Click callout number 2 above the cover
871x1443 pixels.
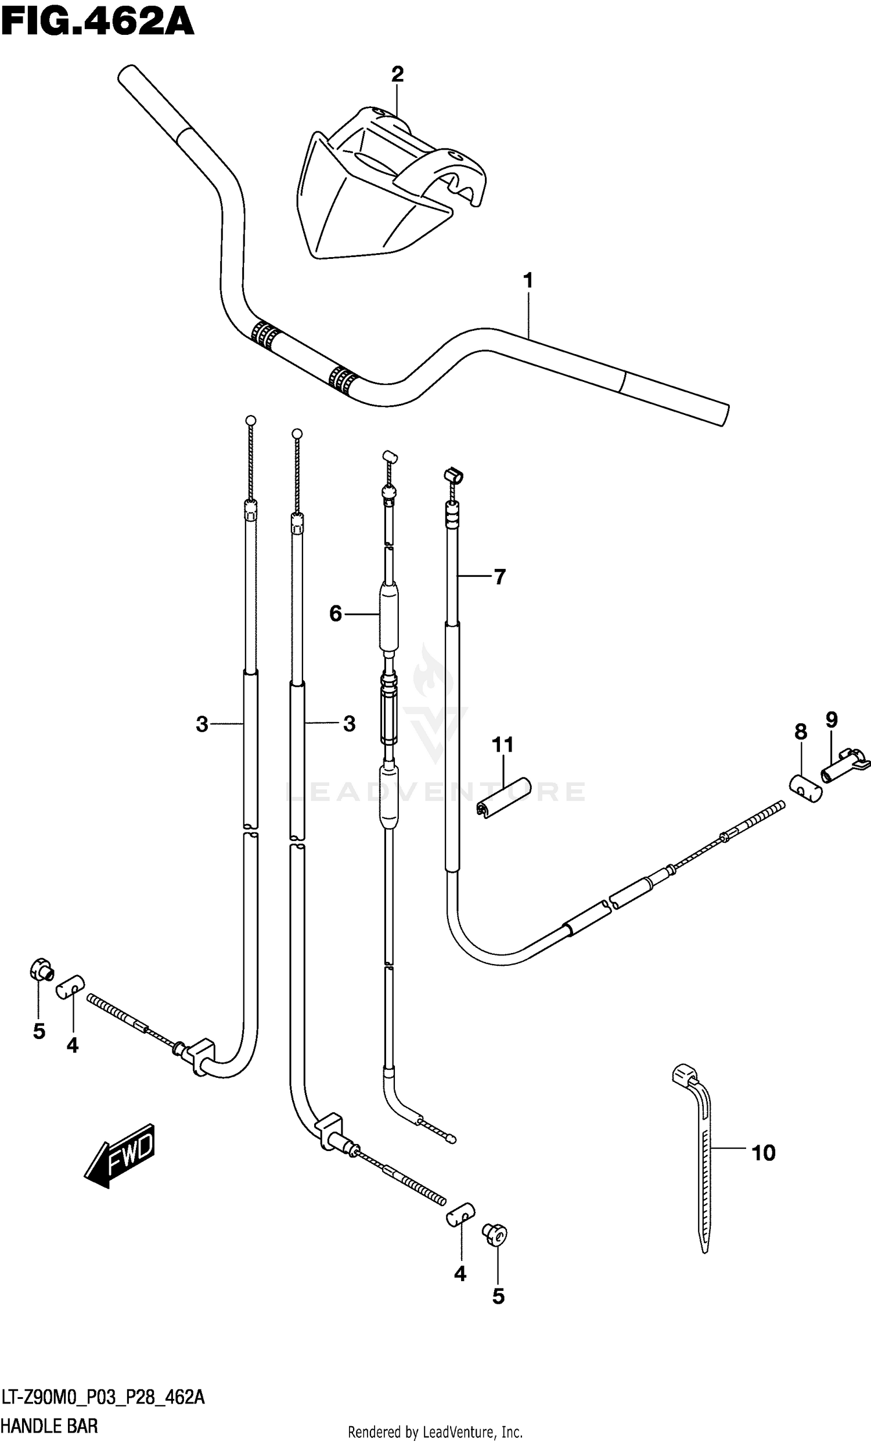pos(397,75)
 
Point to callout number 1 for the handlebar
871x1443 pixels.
pos(528,281)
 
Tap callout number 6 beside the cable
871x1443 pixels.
pos(335,614)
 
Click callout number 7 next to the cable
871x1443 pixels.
pos(499,578)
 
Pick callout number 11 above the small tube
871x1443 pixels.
pos(503,745)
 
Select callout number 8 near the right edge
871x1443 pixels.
pos(801,732)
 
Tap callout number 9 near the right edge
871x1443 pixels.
pos(832,720)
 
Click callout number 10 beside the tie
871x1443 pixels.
pos(763,1154)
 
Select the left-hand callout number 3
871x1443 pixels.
pos(201,725)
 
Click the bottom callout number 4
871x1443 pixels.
pos(460,1274)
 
